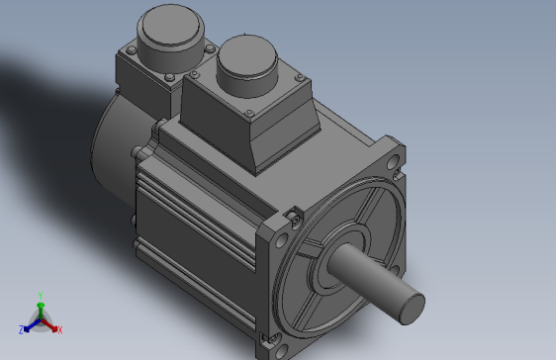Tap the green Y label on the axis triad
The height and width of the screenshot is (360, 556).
tap(39, 295)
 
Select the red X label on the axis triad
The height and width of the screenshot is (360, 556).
tap(60, 328)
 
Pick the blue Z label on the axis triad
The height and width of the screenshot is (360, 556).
tap(21, 328)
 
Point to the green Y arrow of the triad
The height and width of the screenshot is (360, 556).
tap(39, 307)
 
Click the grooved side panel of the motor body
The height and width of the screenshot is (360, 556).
tap(193, 213)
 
